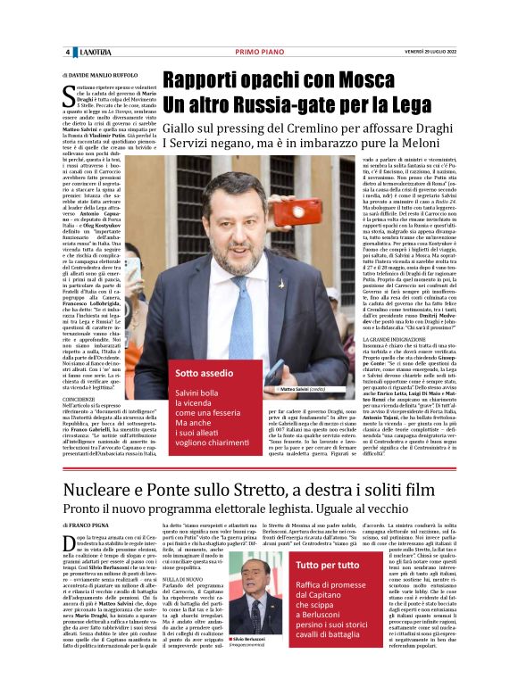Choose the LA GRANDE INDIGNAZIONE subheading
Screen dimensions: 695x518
point(389,340)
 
